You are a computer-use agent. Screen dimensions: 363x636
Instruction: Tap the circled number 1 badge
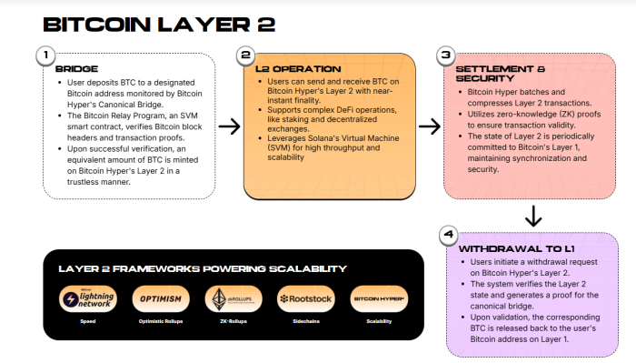pyautogui.click(x=44, y=55)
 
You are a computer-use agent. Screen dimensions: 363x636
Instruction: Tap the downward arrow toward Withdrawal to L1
pyautogui.click(x=533, y=216)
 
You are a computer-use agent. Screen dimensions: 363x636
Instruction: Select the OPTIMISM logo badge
pyautogui.click(x=161, y=299)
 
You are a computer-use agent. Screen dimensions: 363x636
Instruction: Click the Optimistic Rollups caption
pyautogui.click(x=161, y=322)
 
